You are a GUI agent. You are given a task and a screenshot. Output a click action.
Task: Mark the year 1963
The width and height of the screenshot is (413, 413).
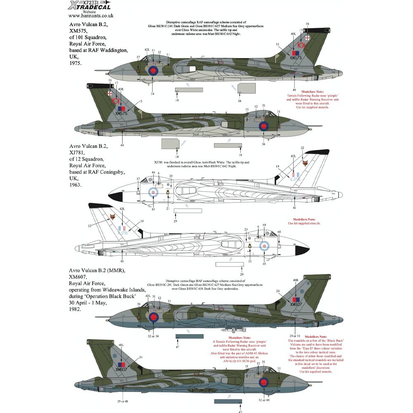pos(76,186)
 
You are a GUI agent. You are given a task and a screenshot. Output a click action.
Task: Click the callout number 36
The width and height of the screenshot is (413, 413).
pos(139,304)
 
